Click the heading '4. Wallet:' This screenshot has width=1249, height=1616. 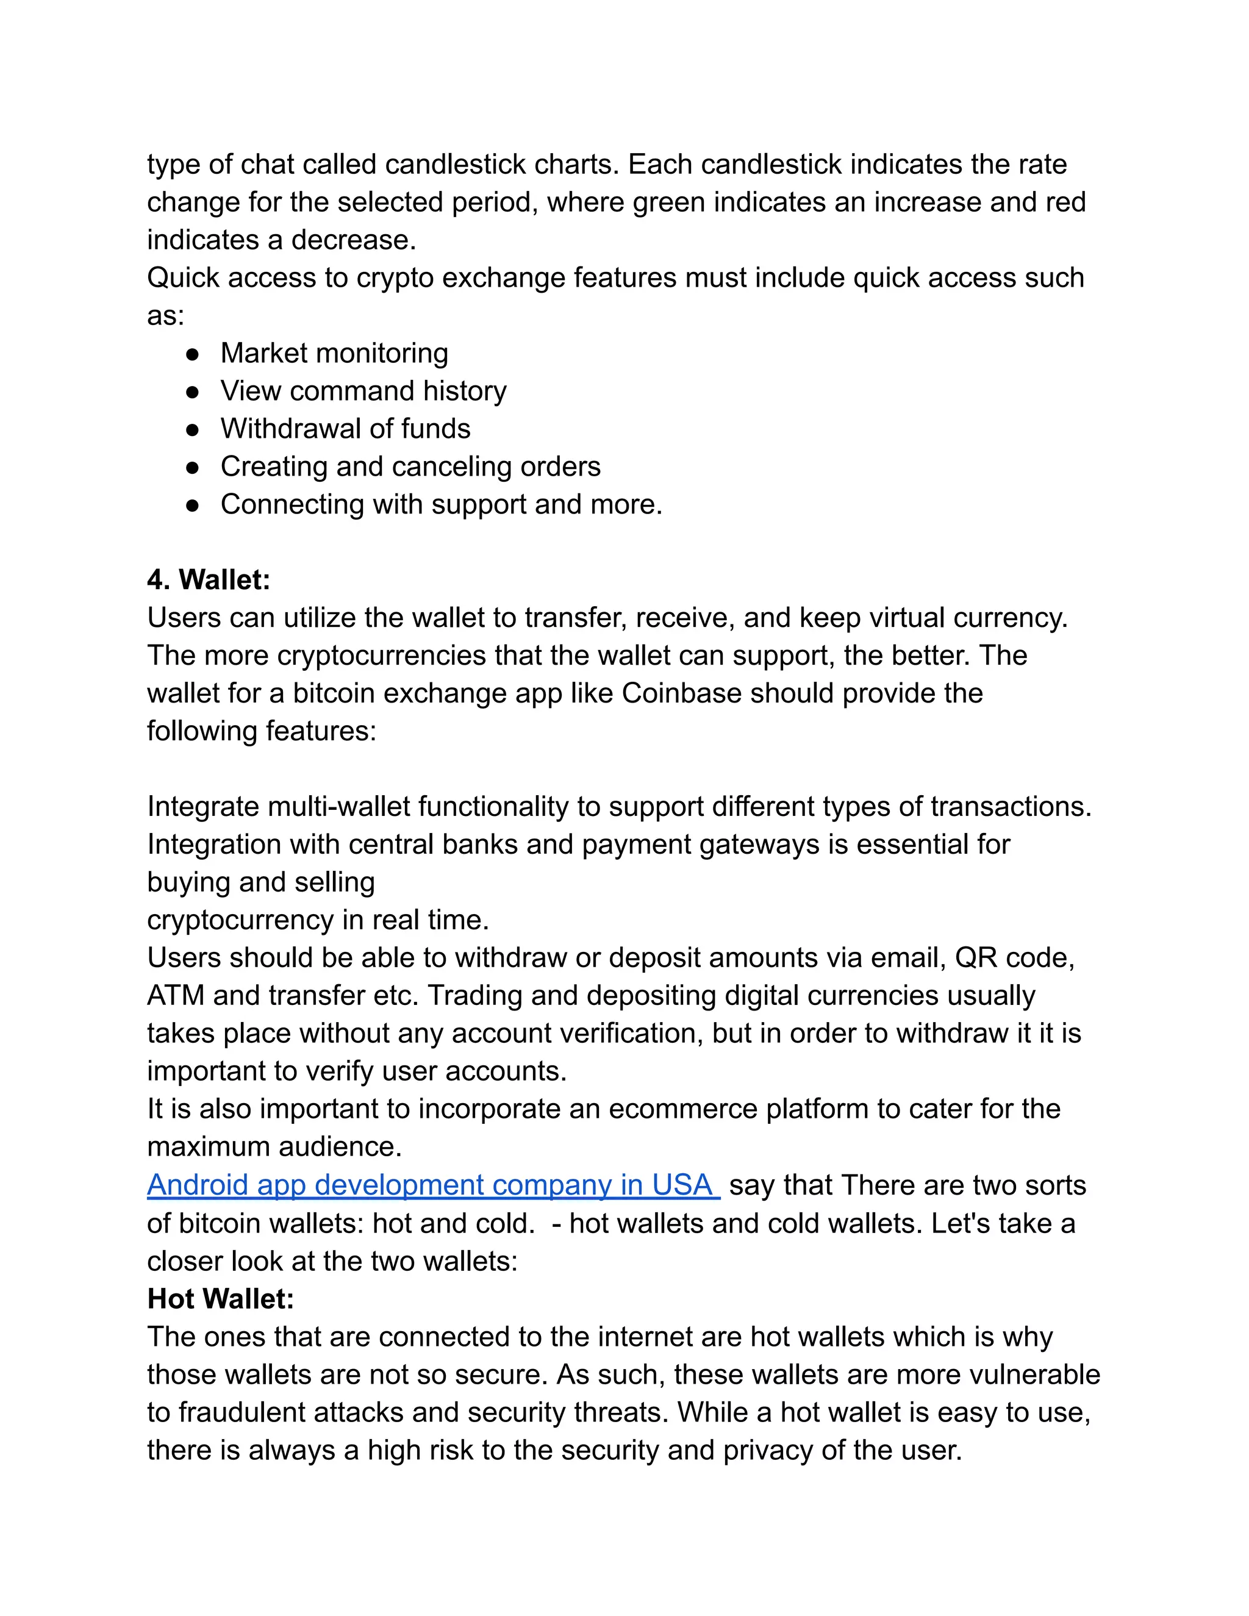point(209,580)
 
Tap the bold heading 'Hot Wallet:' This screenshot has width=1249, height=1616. point(221,1298)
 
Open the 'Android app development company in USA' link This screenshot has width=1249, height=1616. point(433,1185)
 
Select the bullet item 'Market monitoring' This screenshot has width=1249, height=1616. point(334,354)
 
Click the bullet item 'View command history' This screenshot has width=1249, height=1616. point(363,391)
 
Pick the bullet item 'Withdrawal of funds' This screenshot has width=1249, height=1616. point(345,429)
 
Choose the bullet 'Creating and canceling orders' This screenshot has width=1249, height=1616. point(410,467)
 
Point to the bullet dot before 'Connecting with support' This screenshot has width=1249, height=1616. point(192,506)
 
